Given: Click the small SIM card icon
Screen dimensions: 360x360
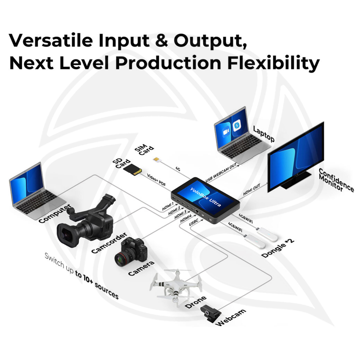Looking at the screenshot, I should (156, 159).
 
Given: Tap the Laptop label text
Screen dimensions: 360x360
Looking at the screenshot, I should (263, 133).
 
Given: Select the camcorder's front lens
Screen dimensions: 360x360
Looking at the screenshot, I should (67, 233).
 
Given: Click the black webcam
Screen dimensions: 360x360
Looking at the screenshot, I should (210, 313).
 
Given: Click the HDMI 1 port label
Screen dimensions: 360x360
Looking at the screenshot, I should (167, 205).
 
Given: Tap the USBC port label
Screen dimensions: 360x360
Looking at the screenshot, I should (196, 224).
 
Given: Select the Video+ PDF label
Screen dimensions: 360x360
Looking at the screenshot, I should (156, 180).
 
